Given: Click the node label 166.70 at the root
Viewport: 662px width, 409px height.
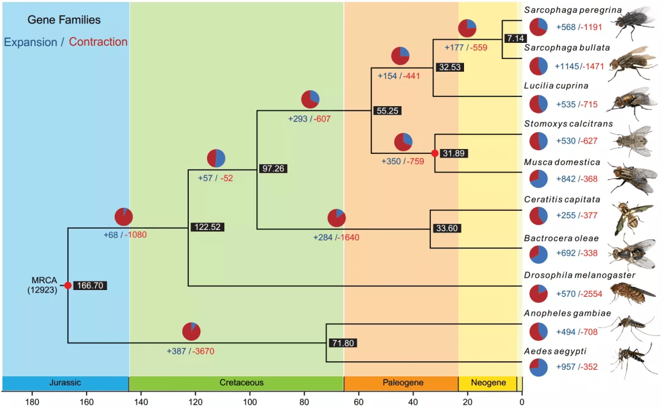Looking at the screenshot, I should pyautogui.click(x=90, y=286).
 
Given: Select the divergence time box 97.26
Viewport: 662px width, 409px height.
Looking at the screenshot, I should pyautogui.click(x=273, y=169).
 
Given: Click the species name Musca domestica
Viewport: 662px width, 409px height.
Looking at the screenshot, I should pyautogui.click(x=561, y=162).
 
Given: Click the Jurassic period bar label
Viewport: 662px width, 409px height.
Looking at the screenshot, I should pyautogui.click(x=65, y=383).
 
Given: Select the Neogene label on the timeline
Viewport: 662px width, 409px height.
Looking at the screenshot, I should pyautogui.click(x=488, y=383).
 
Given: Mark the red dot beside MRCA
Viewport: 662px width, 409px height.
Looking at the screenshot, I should pyautogui.click(x=67, y=286).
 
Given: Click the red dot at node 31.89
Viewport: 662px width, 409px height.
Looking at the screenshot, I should pyautogui.click(x=435, y=153).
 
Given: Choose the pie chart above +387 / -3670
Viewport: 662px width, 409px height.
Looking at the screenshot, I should pyautogui.click(x=191, y=332).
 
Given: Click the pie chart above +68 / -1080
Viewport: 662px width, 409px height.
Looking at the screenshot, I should pyautogui.click(x=124, y=217).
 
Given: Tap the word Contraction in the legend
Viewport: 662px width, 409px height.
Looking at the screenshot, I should pyautogui.click(x=98, y=42).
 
